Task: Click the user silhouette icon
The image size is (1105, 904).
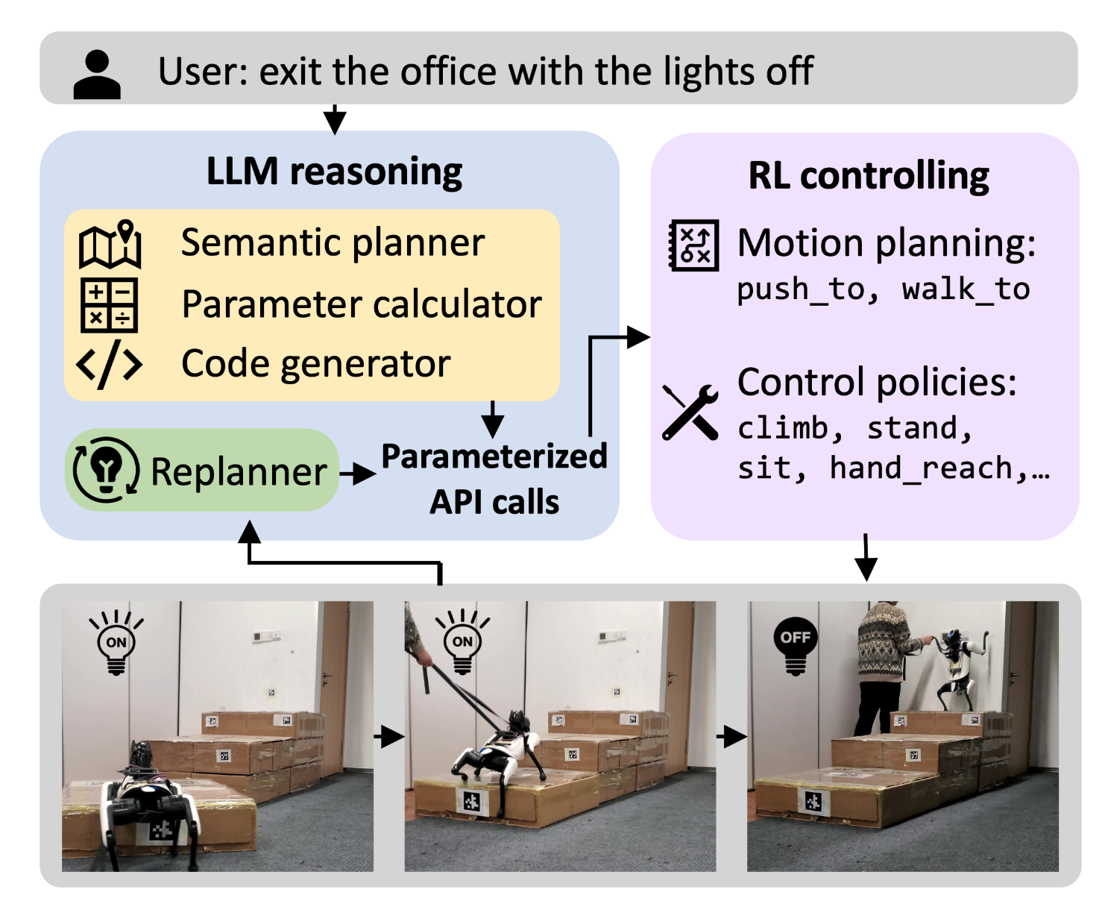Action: pyautogui.click(x=97, y=75)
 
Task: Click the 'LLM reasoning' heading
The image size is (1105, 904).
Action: pyautogui.click(x=334, y=172)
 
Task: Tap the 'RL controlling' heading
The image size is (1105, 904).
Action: pyautogui.click(x=868, y=176)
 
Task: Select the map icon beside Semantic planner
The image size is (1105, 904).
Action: pyautogui.click(x=110, y=245)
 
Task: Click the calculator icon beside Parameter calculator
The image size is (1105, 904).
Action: pyautogui.click(x=109, y=305)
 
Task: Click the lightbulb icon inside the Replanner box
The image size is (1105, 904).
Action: pyautogui.click(x=106, y=470)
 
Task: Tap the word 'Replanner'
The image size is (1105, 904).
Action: pyautogui.click(x=239, y=472)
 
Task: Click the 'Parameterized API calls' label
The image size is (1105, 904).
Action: pyautogui.click(x=494, y=479)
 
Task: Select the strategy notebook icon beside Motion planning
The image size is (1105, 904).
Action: pyautogui.click(x=693, y=245)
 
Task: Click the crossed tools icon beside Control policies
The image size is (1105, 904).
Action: pyautogui.click(x=690, y=412)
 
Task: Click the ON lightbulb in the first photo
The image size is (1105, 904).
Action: pyautogui.click(x=116, y=643)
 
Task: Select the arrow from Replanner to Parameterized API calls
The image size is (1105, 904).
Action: pyautogui.click(x=358, y=473)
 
